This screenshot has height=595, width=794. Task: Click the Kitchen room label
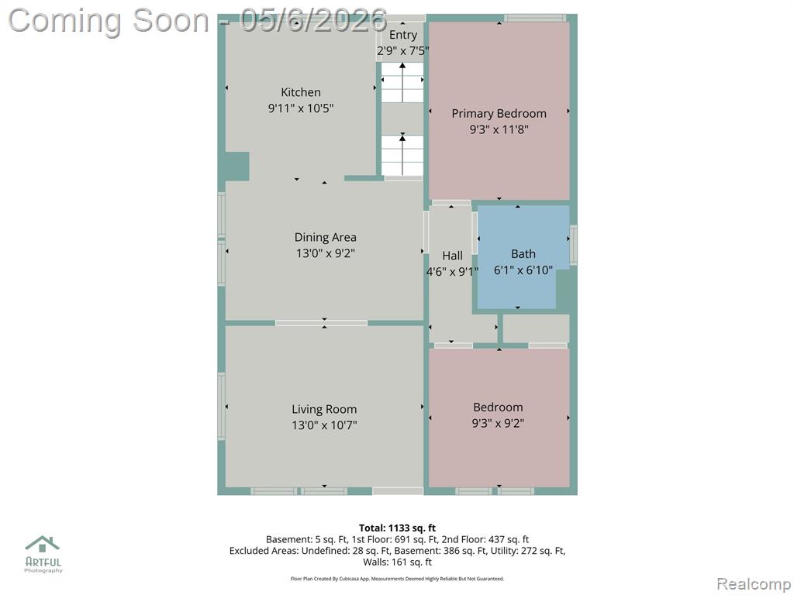(301, 92)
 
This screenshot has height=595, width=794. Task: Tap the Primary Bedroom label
(499, 113)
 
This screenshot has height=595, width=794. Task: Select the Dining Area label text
(325, 237)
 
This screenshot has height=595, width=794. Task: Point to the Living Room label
(324, 409)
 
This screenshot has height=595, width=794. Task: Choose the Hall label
(452, 256)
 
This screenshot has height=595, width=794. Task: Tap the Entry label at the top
(403, 35)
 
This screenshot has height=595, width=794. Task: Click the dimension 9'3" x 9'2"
(498, 423)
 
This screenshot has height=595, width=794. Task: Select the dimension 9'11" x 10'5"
(301, 108)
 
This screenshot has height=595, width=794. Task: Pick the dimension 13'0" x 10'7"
(324, 425)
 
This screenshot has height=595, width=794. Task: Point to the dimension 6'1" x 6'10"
(523, 270)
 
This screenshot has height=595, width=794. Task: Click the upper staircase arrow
(402, 82)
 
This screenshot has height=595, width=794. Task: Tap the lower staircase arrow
(402, 154)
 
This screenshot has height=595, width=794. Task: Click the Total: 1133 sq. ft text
(397, 528)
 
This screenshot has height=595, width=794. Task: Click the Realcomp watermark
(754, 583)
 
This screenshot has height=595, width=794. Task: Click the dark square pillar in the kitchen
(237, 166)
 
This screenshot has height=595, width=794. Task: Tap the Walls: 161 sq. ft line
(397, 562)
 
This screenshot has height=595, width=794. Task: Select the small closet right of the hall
(536, 328)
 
